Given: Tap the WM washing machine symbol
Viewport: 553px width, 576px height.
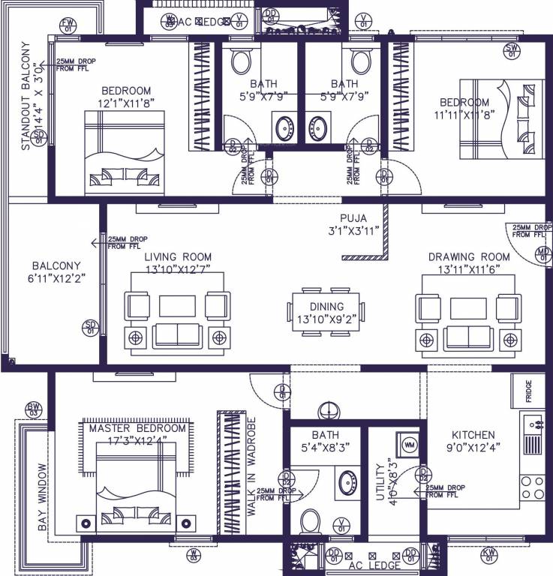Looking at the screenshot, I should (x=409, y=445).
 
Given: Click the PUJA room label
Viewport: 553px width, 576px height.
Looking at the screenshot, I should (x=352, y=219).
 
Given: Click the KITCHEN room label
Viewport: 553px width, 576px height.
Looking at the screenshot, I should (x=473, y=435).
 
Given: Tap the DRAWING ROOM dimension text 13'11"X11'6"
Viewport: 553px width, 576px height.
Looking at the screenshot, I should (x=464, y=268).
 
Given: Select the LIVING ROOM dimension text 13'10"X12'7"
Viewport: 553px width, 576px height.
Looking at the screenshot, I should (x=178, y=268).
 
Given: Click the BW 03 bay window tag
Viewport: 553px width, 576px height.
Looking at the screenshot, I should (x=33, y=409).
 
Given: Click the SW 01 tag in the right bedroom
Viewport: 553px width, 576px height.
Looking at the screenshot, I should (x=513, y=51).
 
